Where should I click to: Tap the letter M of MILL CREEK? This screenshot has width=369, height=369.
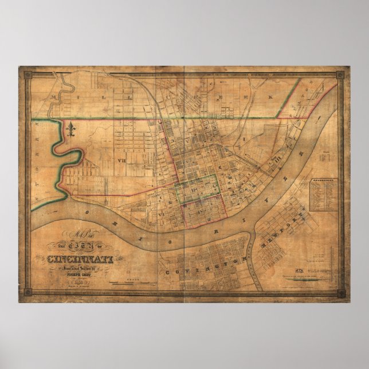click(53, 98)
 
